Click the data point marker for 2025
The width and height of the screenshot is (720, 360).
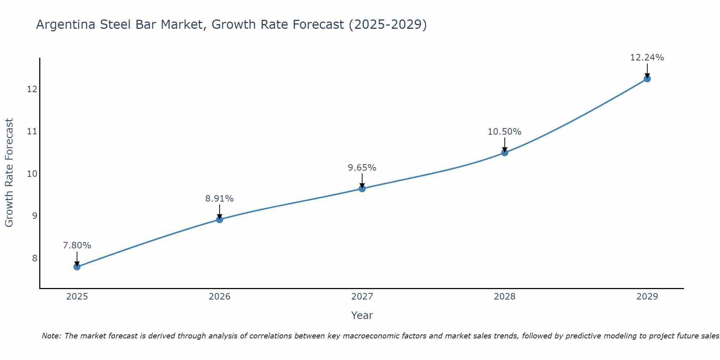(x=77, y=267)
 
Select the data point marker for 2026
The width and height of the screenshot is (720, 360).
(x=219, y=220)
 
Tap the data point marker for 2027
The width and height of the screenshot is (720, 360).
(x=362, y=189)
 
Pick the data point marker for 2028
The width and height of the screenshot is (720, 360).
(x=504, y=153)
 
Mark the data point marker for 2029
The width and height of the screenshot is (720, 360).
(x=647, y=79)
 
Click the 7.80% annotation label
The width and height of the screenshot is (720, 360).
(x=77, y=246)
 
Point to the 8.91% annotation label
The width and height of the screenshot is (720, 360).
(x=219, y=199)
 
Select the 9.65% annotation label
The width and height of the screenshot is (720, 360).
(x=362, y=168)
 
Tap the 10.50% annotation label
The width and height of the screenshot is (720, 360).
(x=504, y=132)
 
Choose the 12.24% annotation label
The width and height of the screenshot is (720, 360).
(x=647, y=58)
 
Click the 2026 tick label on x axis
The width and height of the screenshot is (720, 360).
(x=219, y=297)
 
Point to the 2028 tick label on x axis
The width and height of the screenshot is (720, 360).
(x=504, y=297)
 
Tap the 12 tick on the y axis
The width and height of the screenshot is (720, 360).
(x=32, y=89)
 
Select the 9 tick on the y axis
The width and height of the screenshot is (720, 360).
(x=35, y=216)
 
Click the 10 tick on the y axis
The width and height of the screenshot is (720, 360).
(x=32, y=174)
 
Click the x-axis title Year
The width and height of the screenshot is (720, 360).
(x=362, y=315)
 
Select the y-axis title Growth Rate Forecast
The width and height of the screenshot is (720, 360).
(x=9, y=173)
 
